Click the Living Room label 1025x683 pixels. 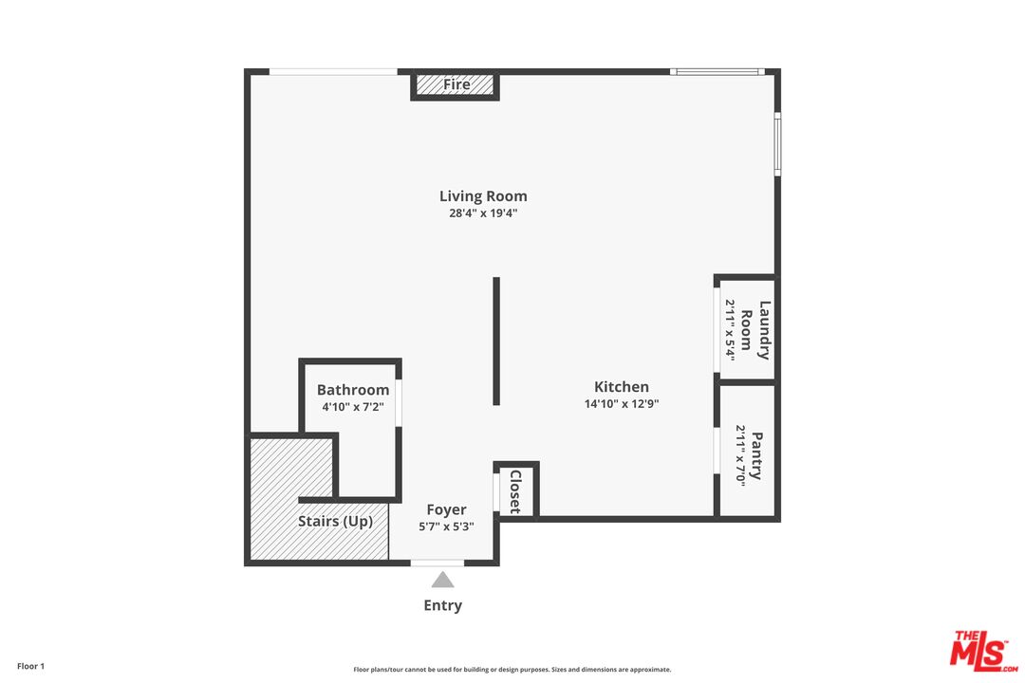tap(483, 196)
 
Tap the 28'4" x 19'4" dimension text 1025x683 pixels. tap(483, 213)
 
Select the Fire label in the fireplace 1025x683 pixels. tap(457, 84)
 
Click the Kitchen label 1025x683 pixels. tap(621, 386)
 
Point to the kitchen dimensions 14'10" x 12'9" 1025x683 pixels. tap(621, 404)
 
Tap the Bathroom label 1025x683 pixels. tap(353, 390)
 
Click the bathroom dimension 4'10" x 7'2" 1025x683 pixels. tap(353, 407)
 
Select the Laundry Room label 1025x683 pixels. tap(755, 330)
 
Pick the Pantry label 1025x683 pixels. tap(757, 455)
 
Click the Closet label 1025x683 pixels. tap(515, 491)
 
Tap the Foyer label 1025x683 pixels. tap(446, 509)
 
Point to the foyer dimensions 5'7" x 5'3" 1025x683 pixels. tap(446, 526)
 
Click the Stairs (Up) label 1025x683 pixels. tap(335, 521)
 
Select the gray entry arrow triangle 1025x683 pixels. tap(442, 580)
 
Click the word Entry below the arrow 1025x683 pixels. tap(442, 605)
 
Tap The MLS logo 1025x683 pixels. tap(984, 651)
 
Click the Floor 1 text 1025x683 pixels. tap(30, 666)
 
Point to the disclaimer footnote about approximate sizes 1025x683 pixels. tap(512, 670)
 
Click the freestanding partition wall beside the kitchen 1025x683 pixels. tap(496, 341)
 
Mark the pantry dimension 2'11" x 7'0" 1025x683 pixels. tap(740, 455)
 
